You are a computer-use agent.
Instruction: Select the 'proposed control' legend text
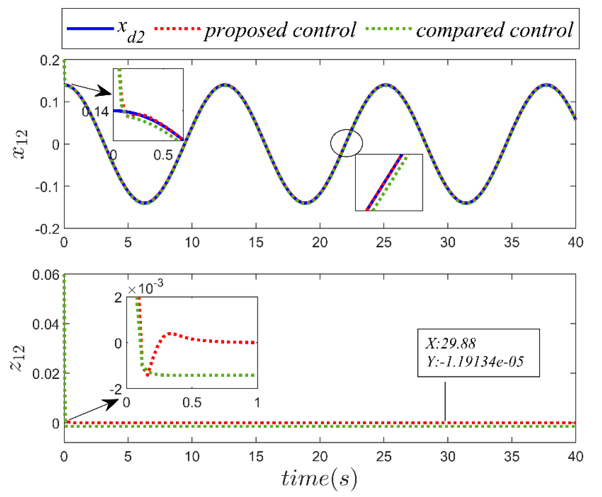click(280, 30)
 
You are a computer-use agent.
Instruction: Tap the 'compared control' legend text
click(495, 30)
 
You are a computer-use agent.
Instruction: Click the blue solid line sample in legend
click(90, 28)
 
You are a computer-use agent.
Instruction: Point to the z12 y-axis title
click(18, 358)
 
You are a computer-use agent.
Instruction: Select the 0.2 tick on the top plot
click(50, 60)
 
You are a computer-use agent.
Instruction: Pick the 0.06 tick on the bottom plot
click(46, 275)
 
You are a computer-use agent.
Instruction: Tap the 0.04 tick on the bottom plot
click(46, 324)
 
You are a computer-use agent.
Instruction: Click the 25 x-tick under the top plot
click(384, 243)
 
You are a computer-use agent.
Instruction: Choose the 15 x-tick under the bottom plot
click(256, 457)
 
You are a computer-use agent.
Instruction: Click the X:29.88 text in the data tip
click(451, 343)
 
